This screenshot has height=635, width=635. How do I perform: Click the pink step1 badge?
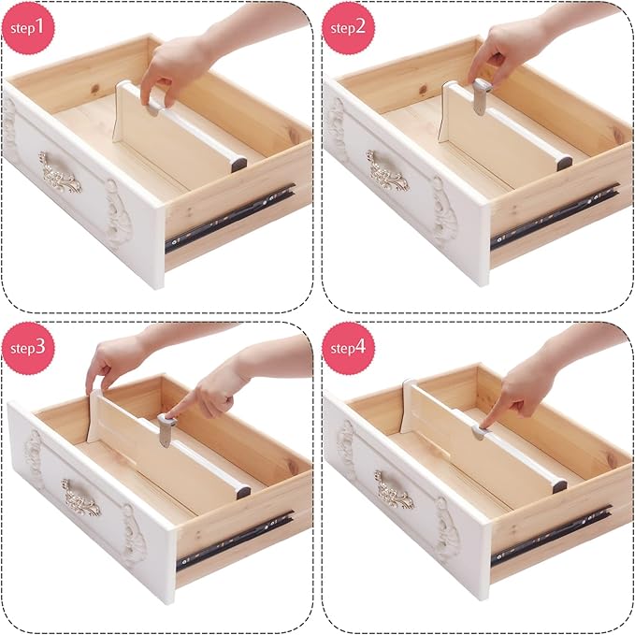[x=28, y=27]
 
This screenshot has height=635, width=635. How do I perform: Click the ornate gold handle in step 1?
[x=59, y=171]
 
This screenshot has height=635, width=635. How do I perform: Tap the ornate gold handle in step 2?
[x=386, y=171]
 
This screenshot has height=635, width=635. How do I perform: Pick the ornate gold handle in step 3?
[x=80, y=497]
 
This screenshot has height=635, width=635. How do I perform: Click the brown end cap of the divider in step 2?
[x=564, y=162]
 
